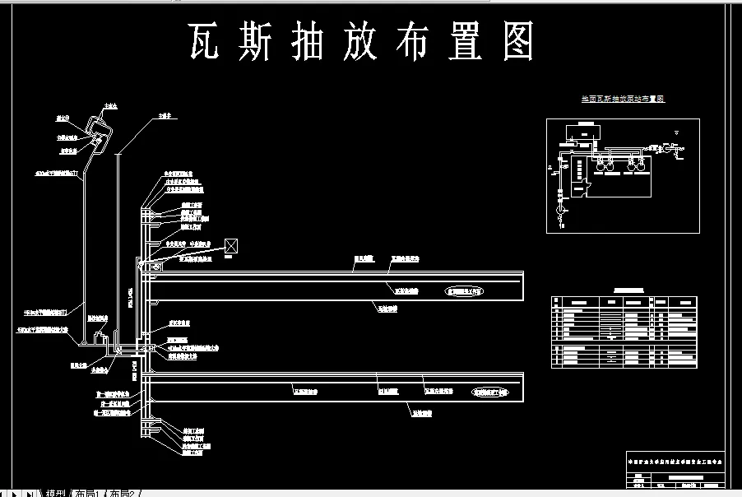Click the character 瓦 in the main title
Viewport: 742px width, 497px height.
point(205,41)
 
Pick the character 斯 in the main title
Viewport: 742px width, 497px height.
point(248,41)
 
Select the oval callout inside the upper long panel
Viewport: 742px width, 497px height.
point(466,290)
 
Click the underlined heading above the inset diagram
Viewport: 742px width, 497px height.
point(623,99)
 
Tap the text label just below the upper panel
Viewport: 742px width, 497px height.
point(387,310)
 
